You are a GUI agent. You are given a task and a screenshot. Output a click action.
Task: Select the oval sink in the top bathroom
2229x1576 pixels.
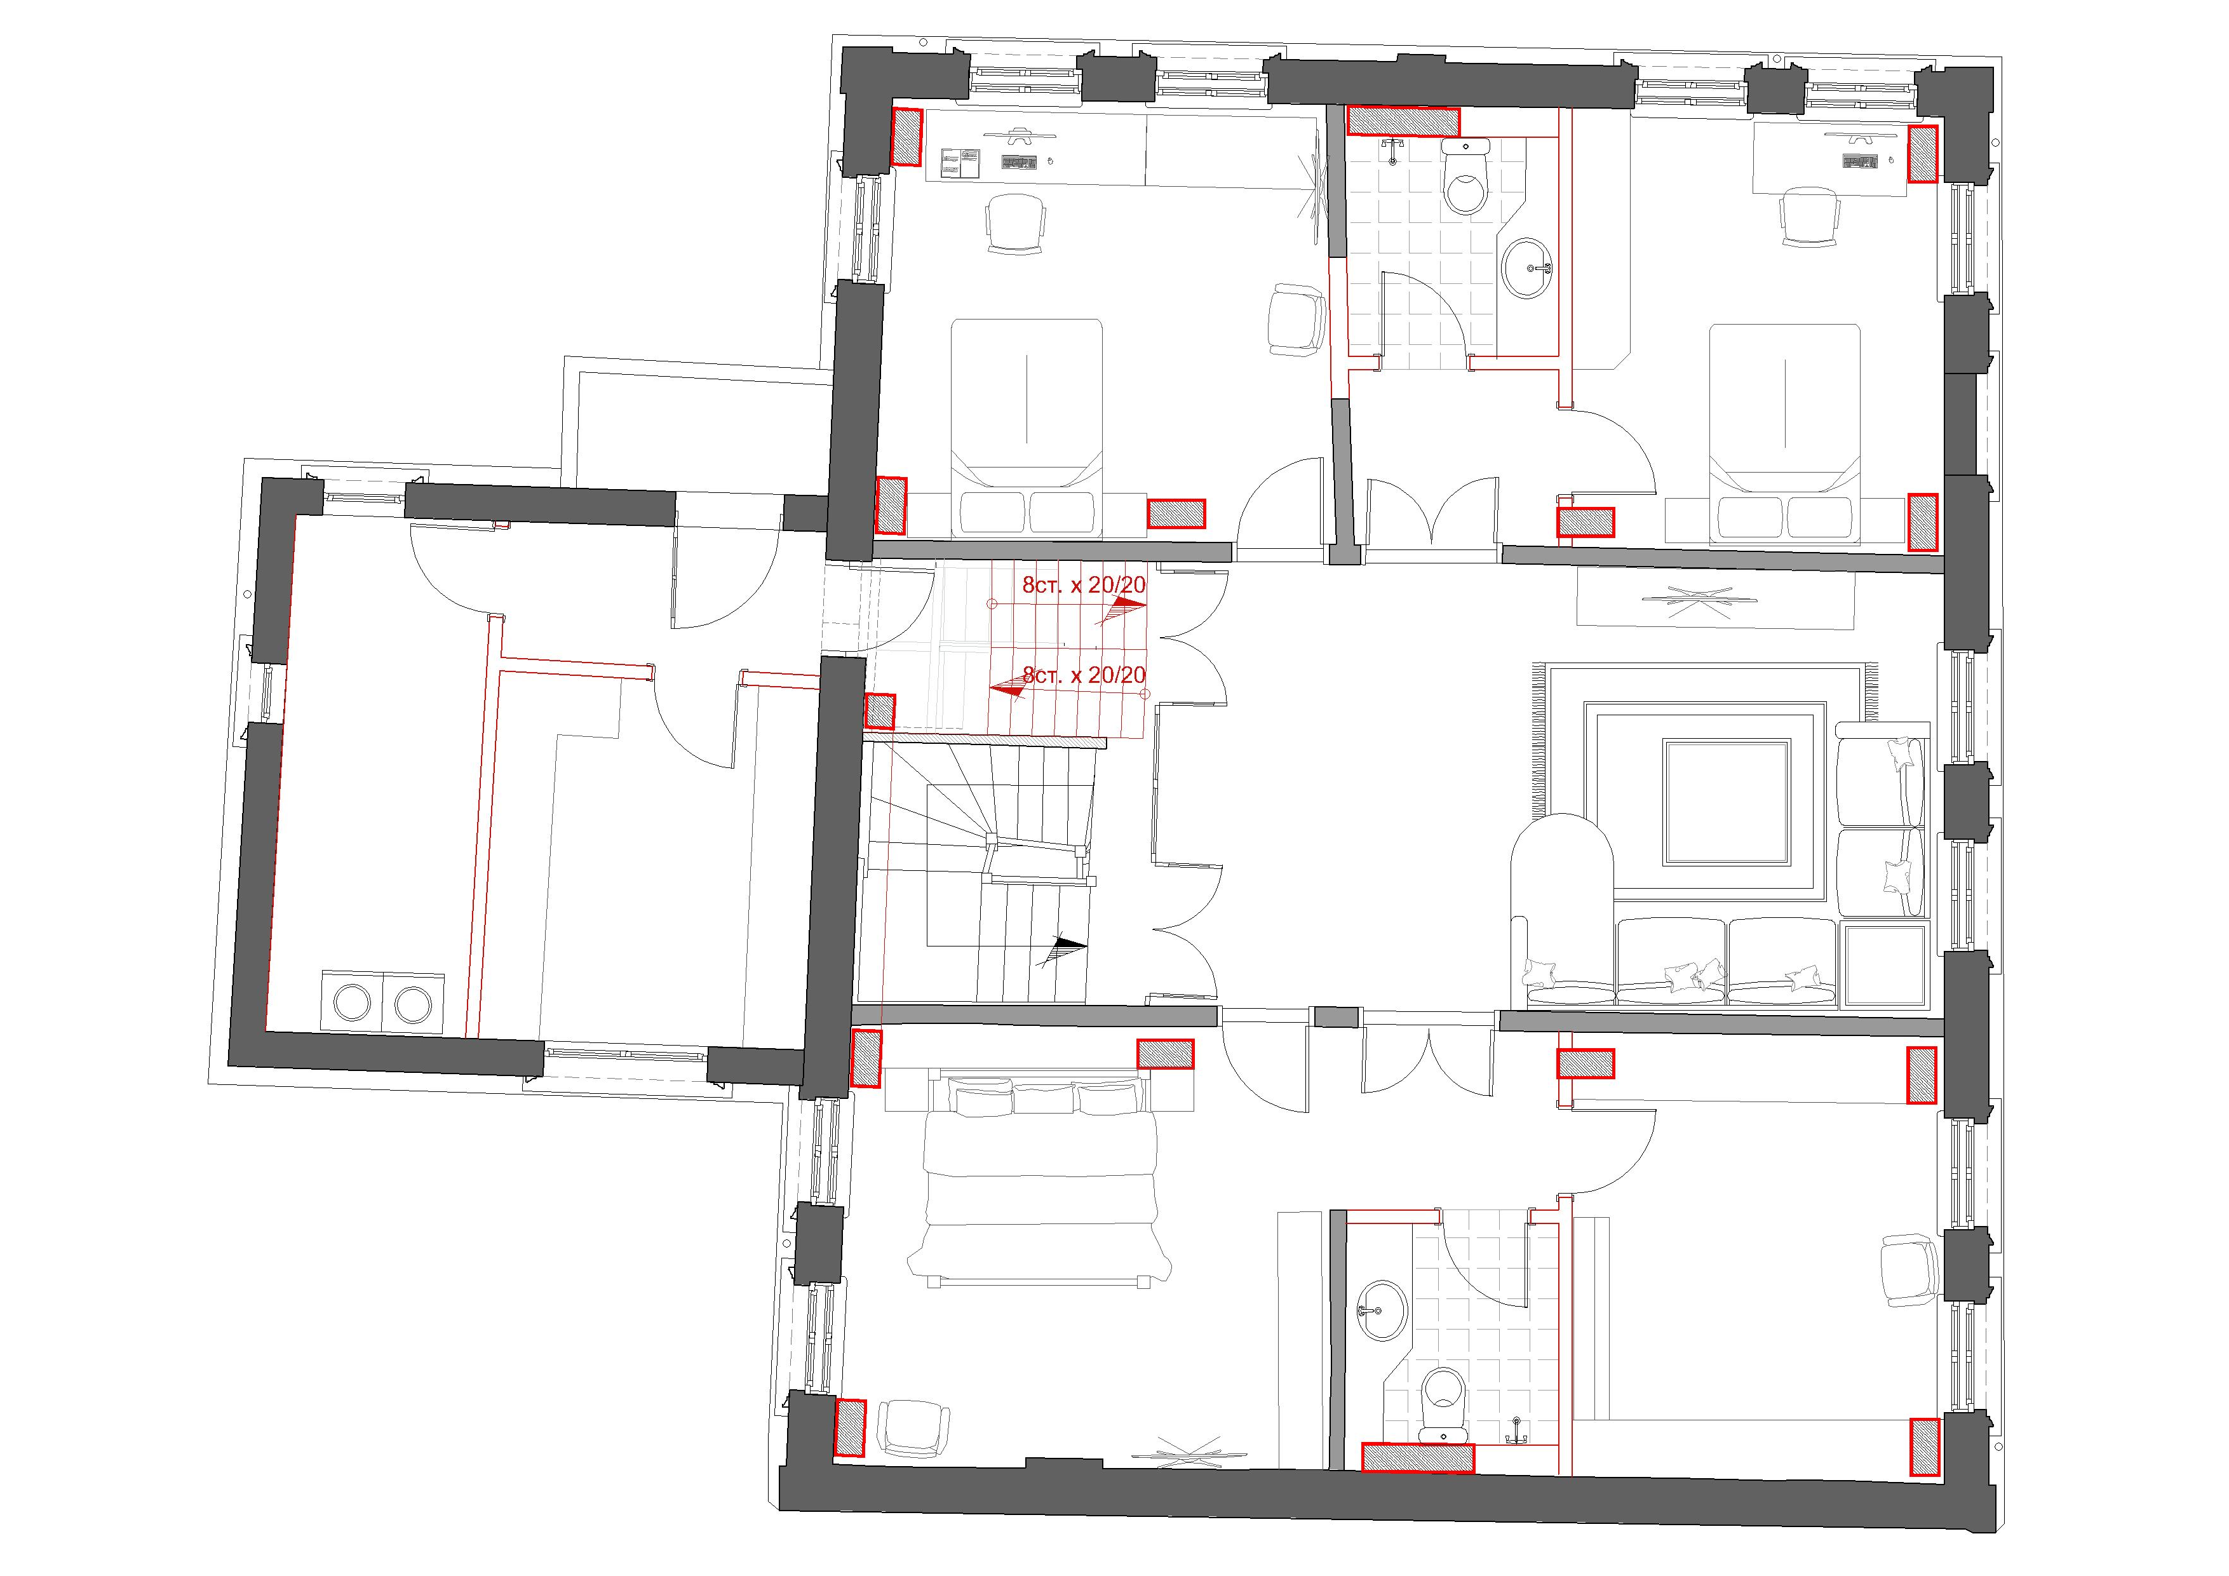click(1528, 266)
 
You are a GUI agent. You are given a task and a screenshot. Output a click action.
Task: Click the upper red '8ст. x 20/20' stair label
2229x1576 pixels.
click(1084, 586)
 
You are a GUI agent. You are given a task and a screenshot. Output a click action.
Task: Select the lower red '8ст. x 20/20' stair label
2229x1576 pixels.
click(1084, 674)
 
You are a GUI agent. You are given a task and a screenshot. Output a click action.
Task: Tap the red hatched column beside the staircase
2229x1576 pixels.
click(880, 712)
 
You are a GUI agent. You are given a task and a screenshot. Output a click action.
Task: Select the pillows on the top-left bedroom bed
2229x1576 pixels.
click(1028, 512)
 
